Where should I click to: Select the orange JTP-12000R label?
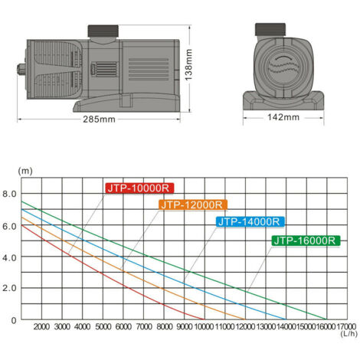point(191,205)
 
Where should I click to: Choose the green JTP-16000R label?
point(306,241)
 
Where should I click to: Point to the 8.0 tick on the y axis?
point(10,195)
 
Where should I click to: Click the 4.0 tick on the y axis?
point(10,257)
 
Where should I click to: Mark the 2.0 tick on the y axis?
point(10,289)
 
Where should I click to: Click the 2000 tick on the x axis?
point(41,326)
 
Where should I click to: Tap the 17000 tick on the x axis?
point(344,326)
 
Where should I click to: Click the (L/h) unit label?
point(349,335)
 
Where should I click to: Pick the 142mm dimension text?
point(285,117)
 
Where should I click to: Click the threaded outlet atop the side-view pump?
point(103,31)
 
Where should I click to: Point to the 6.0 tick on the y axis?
point(10,226)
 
